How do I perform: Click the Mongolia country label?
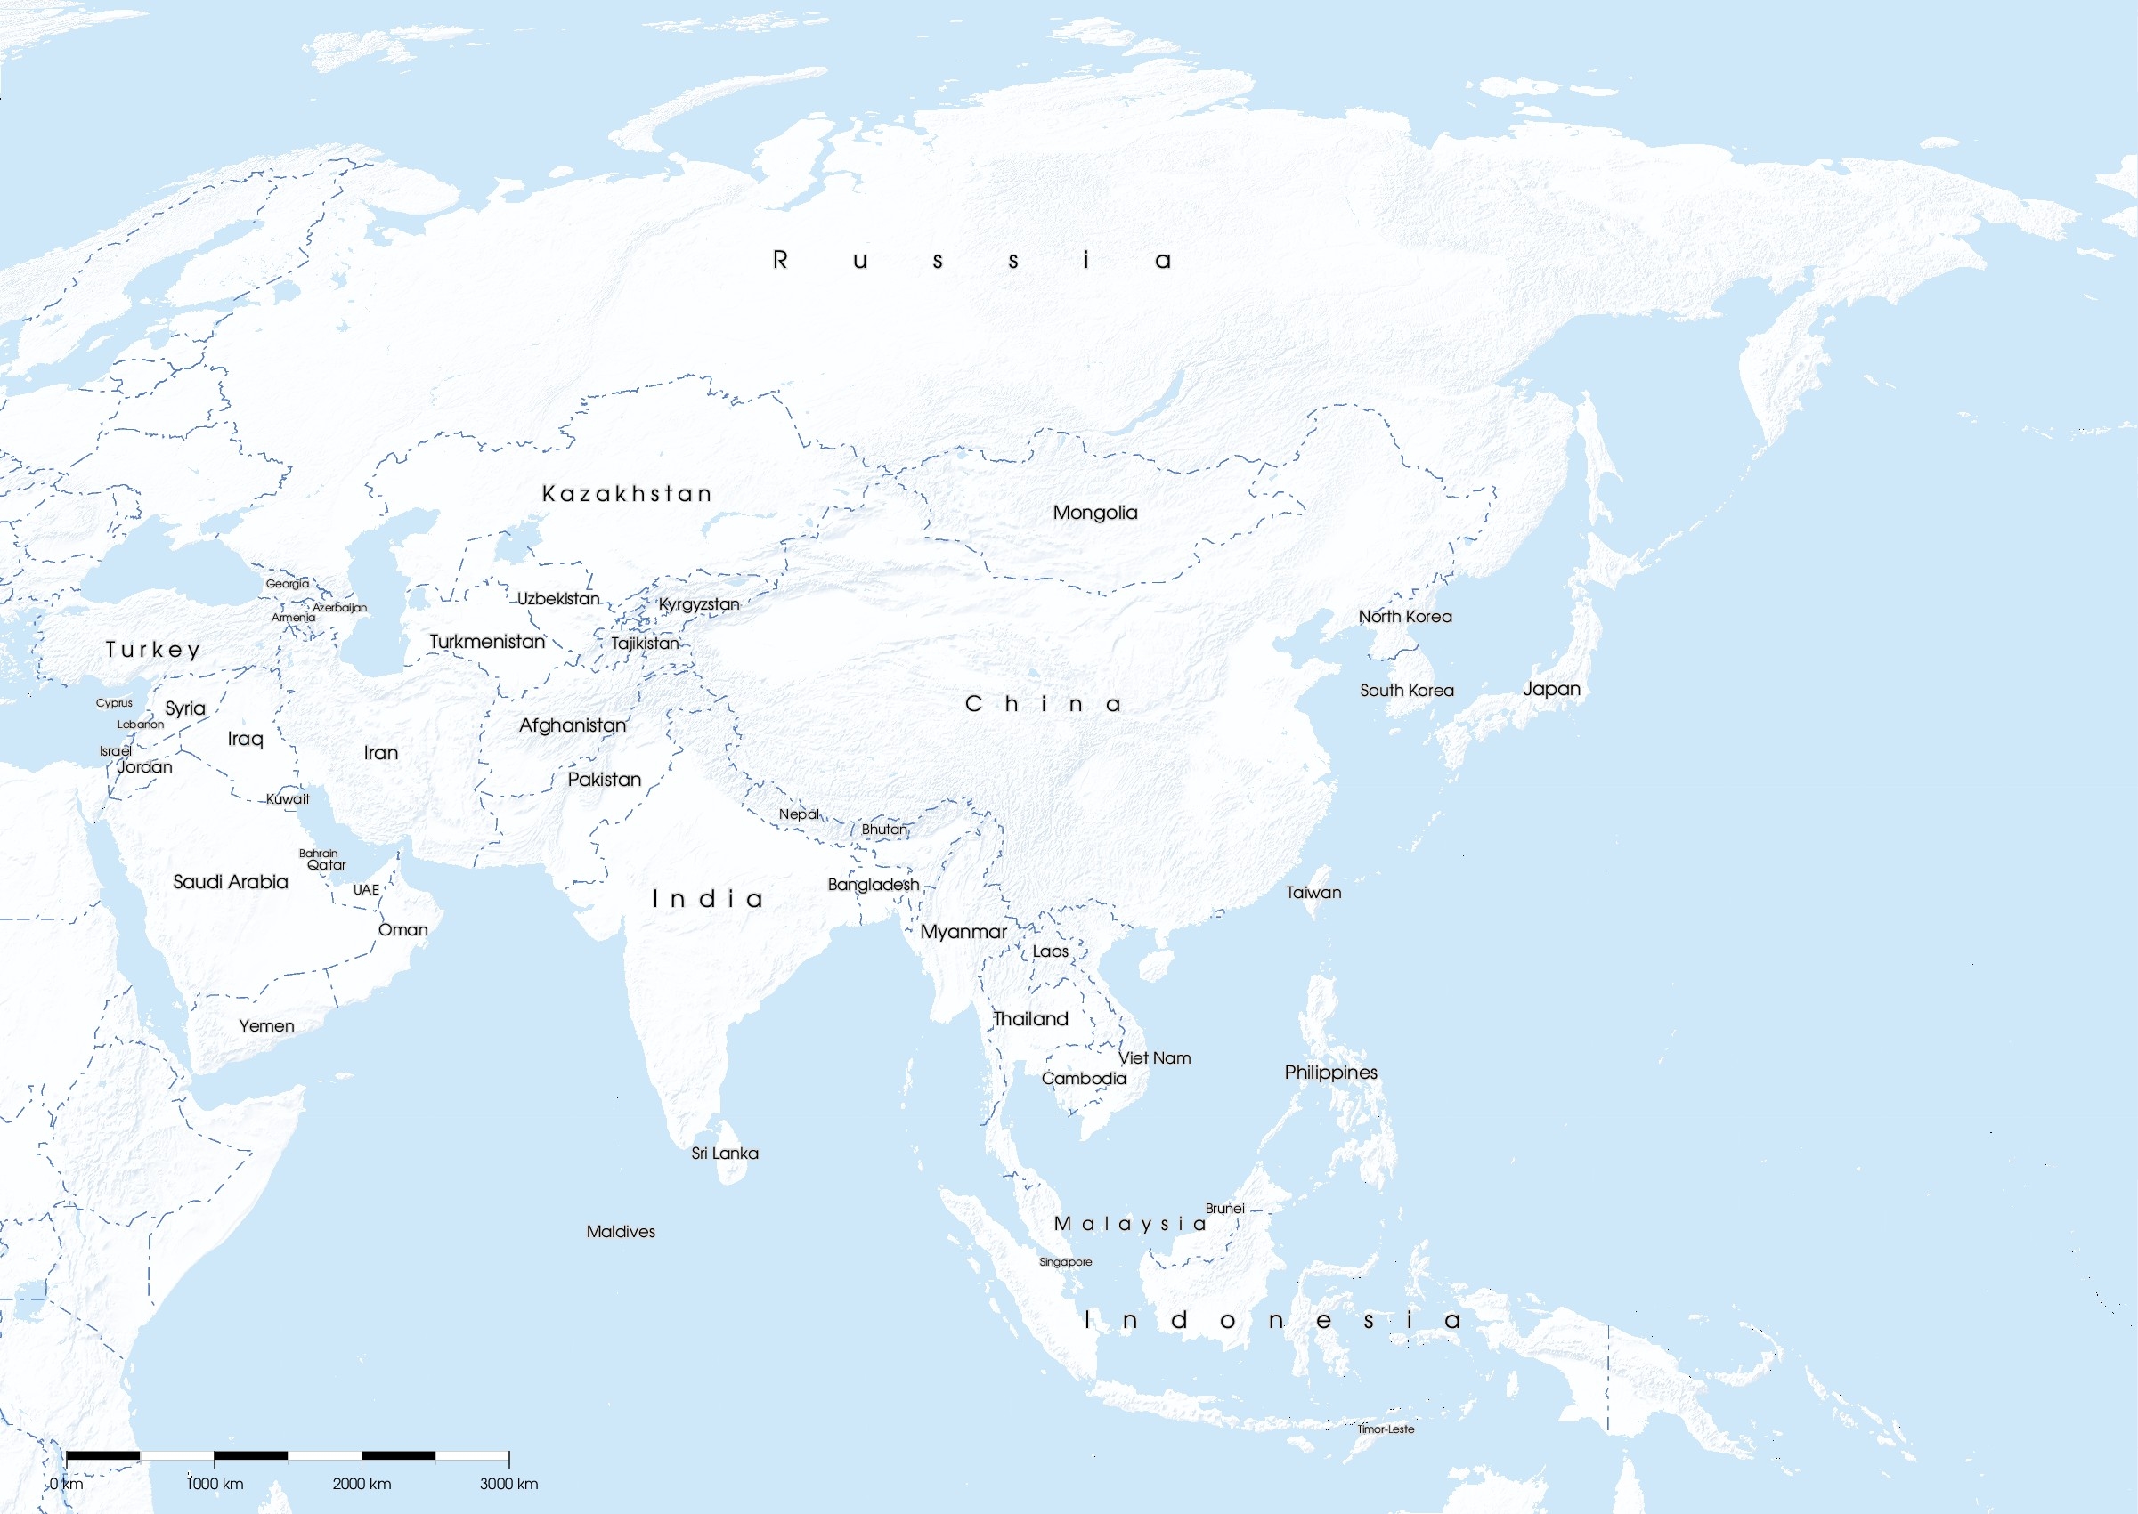tap(1094, 513)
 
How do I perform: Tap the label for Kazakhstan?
tap(627, 493)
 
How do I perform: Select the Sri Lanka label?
tap(725, 1154)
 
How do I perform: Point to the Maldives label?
tap(621, 1232)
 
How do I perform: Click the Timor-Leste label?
tap(1386, 1429)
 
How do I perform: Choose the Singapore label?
tap(1065, 1262)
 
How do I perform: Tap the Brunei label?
tap(1224, 1208)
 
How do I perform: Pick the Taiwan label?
tap(1313, 892)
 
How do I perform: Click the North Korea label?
tap(1404, 616)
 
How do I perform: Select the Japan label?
tap(1551, 689)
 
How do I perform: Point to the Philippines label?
tap(1330, 1073)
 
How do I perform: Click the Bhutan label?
tap(884, 829)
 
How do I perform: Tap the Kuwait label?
tap(288, 799)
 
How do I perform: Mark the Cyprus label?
tap(114, 703)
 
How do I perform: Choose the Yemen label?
tap(266, 1025)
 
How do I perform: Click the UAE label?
tap(365, 889)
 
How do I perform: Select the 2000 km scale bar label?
tap(362, 1483)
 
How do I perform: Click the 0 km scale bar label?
tap(66, 1483)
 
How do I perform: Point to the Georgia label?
tap(288, 584)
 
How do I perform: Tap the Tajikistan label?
tap(646, 644)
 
